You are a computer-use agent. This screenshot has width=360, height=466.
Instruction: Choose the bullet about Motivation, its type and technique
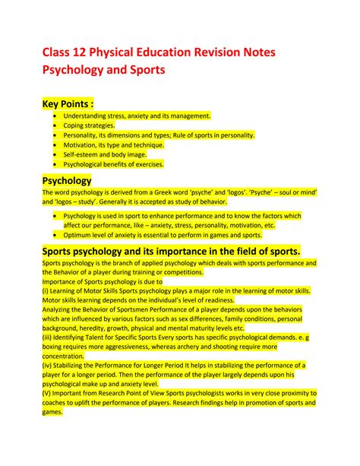coord(115,144)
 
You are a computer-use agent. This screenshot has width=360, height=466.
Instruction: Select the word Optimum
coord(78,235)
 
